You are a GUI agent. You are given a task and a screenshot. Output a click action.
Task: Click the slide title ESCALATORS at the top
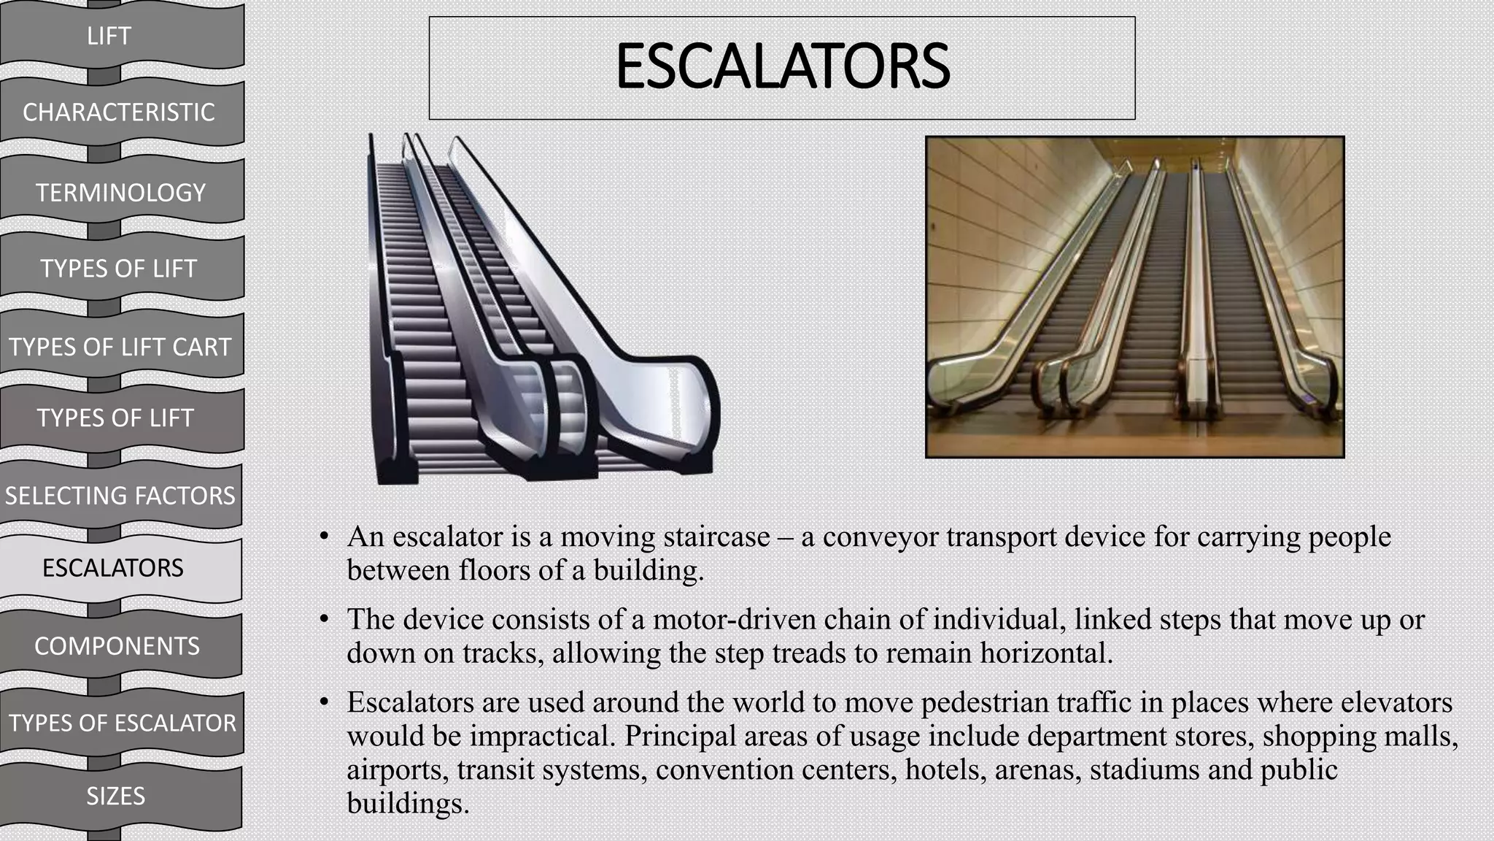click(x=782, y=66)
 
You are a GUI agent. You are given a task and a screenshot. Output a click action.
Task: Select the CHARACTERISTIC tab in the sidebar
click(x=119, y=112)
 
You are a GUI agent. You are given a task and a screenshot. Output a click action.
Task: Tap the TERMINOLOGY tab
click(x=121, y=193)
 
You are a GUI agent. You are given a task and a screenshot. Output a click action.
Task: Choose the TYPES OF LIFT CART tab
click(x=120, y=347)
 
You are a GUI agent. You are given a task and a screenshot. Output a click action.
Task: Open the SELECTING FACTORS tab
click(x=120, y=496)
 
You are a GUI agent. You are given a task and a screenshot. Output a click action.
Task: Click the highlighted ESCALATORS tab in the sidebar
click(x=113, y=568)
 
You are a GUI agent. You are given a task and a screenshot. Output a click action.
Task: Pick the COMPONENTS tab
click(x=117, y=646)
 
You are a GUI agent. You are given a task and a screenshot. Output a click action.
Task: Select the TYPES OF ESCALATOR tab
click(x=123, y=723)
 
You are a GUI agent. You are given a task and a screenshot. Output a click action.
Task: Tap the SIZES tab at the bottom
click(x=115, y=796)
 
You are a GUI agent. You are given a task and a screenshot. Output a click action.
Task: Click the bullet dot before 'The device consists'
click(x=324, y=620)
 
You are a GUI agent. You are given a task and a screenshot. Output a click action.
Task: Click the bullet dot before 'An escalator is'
click(x=324, y=537)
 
